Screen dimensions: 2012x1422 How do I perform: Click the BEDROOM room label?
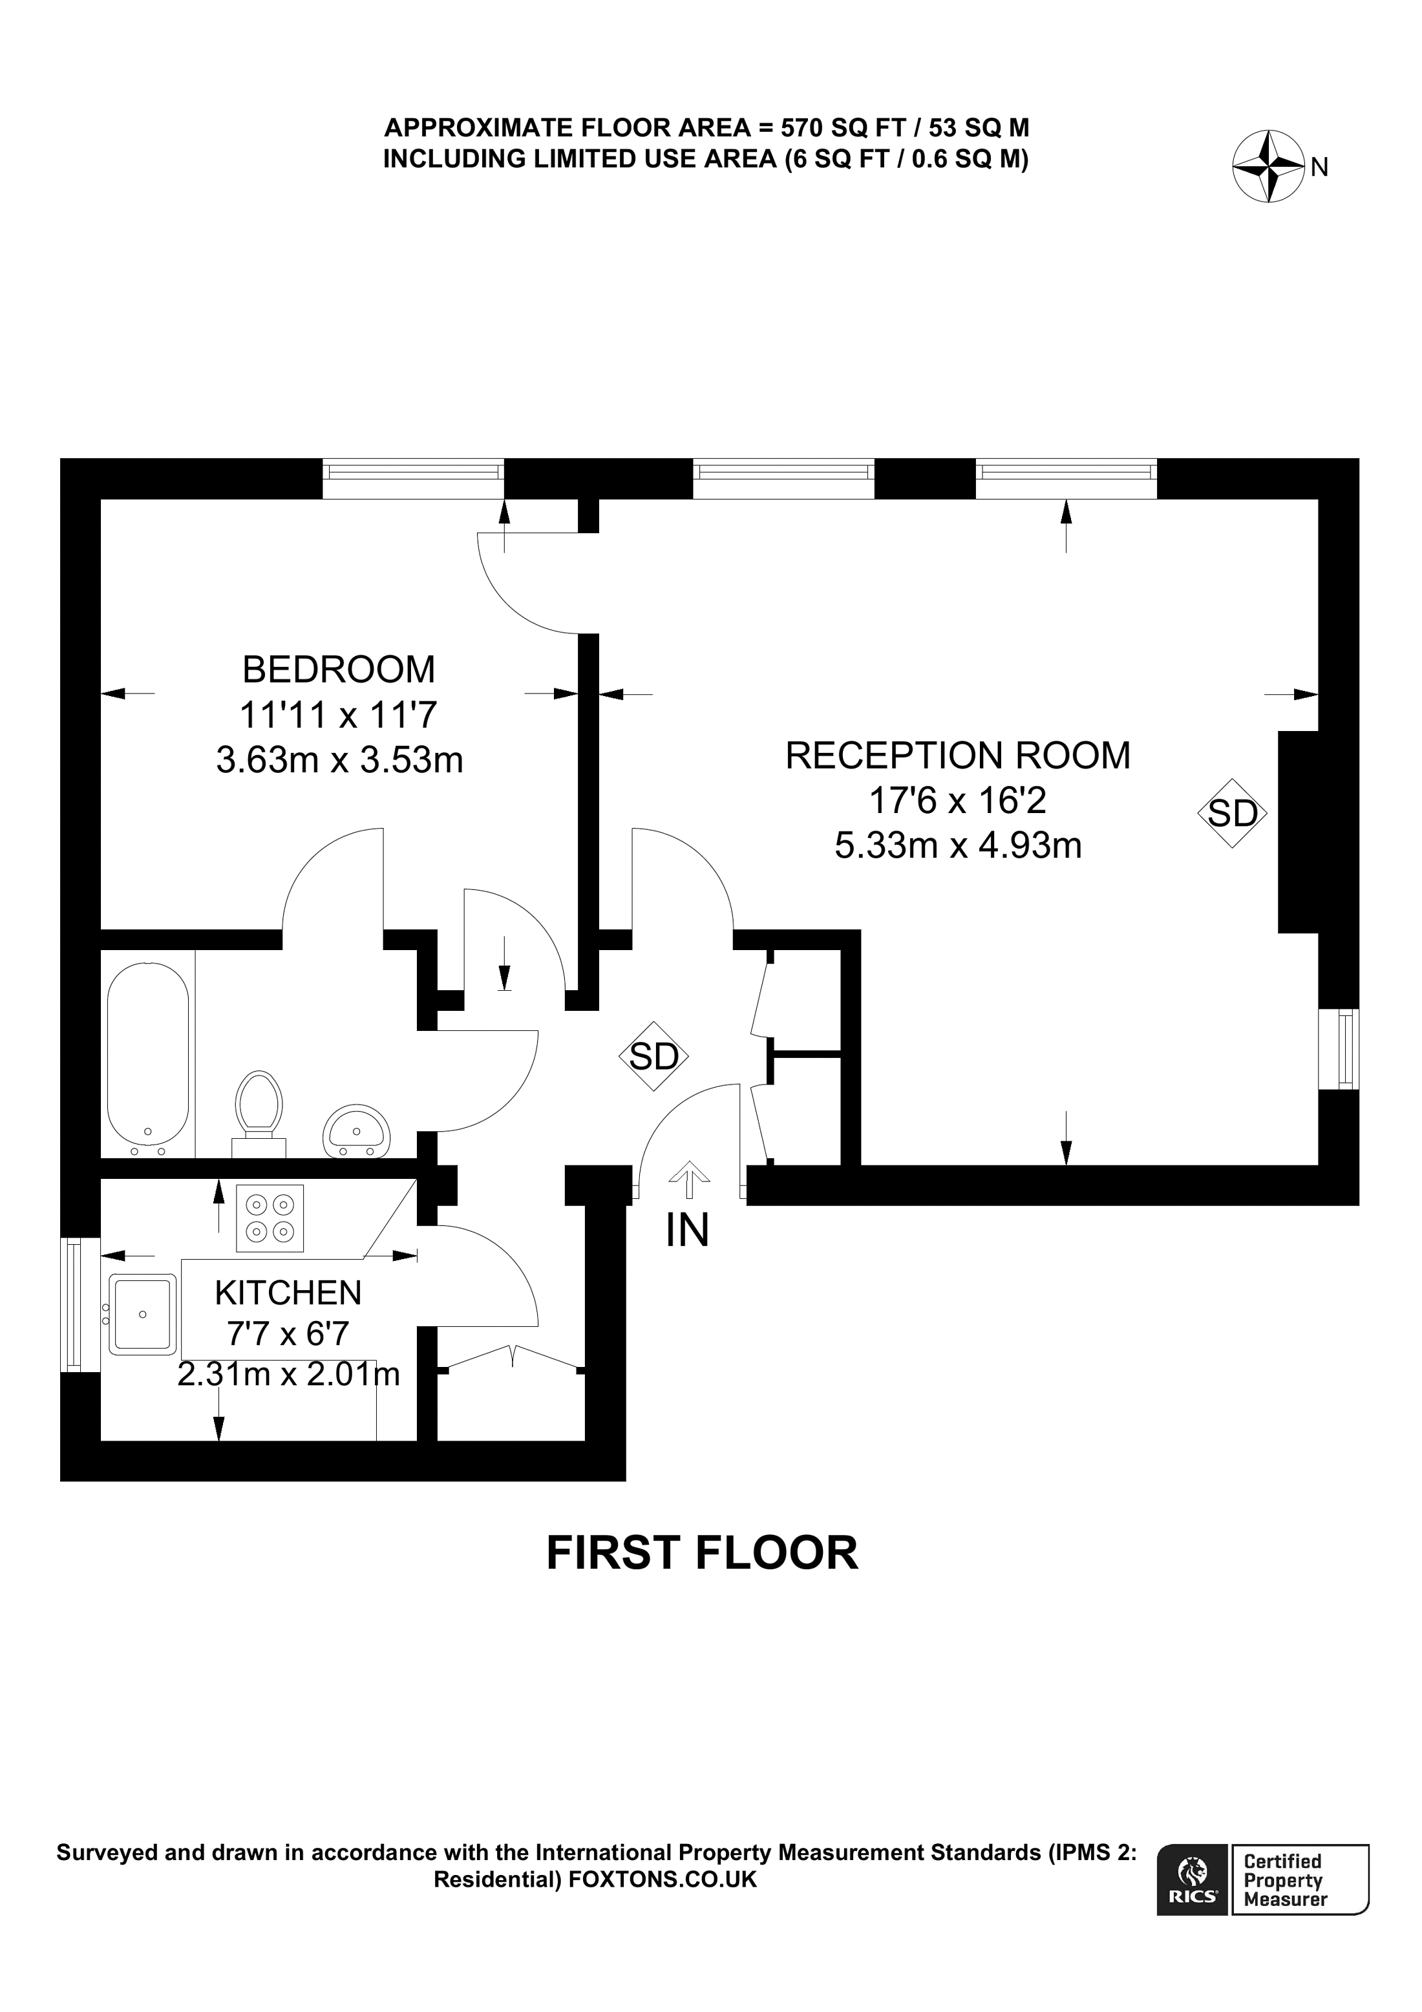[338, 670]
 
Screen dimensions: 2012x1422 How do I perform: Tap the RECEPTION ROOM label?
[958, 756]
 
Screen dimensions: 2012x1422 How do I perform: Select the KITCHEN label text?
[288, 1293]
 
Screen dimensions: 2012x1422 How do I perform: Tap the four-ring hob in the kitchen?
[270, 1219]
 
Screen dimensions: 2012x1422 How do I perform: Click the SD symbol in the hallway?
[653, 1057]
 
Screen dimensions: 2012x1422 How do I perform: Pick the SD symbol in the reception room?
[1233, 813]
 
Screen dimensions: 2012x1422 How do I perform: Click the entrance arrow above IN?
[688, 1179]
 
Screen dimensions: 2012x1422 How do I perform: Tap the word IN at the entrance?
[687, 1231]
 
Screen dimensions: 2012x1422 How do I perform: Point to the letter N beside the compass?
[1319, 167]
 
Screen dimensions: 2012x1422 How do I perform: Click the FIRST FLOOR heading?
[702, 1553]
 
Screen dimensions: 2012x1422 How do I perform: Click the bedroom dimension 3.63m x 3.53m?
[339, 761]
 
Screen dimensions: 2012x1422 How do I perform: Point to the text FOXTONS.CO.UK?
[663, 1879]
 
